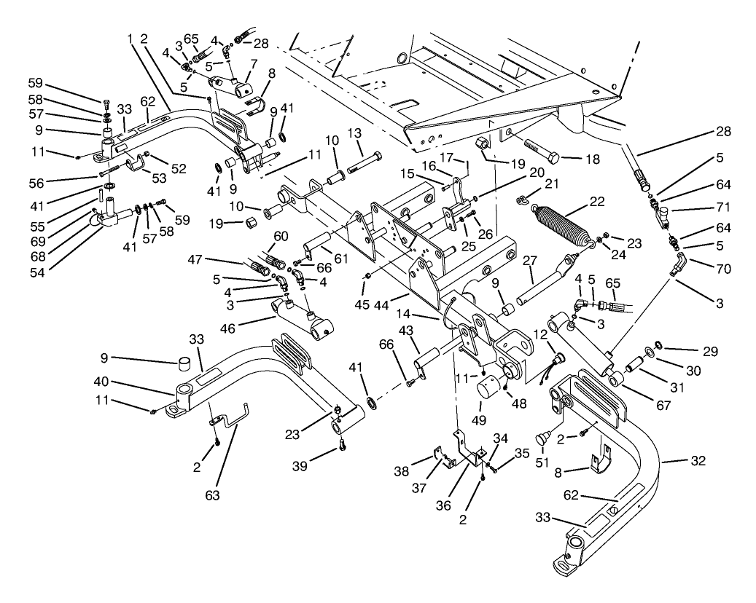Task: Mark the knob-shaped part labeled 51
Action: [x=542, y=438]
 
